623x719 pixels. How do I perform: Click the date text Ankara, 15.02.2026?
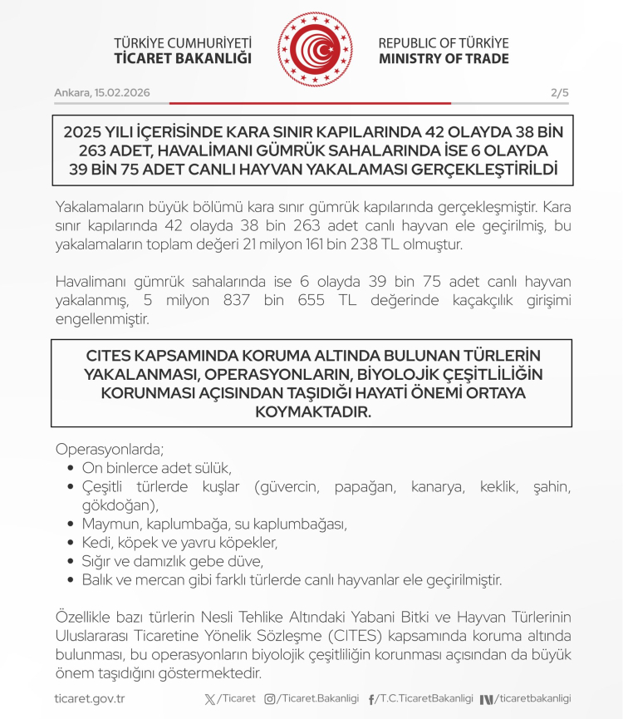pyautogui.click(x=102, y=92)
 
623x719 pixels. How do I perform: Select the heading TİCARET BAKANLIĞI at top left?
pyautogui.click(x=183, y=59)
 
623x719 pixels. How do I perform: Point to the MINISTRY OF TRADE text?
pyautogui.click(x=444, y=59)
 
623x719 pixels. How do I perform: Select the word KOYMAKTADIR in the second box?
pyautogui.click(x=311, y=411)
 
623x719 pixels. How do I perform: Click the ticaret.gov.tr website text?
pyautogui.click(x=89, y=699)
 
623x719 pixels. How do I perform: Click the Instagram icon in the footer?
pyautogui.click(x=270, y=699)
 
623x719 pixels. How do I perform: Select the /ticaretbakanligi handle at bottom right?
pyautogui.click(x=533, y=699)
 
